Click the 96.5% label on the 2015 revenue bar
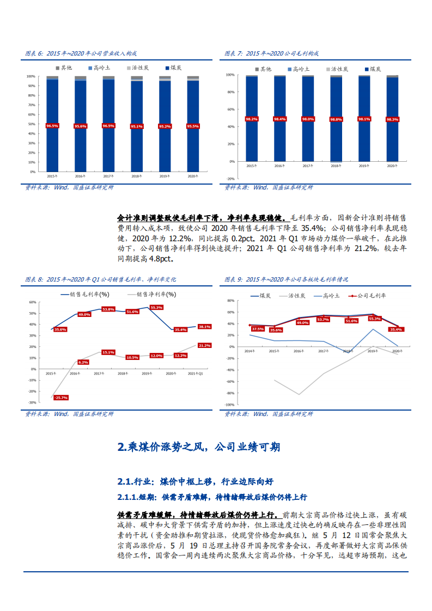[52, 126]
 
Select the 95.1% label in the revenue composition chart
[137, 126]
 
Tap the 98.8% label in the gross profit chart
[336, 119]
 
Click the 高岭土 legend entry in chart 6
[99, 68]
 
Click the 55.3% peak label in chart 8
[156, 307]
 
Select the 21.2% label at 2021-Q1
[204, 345]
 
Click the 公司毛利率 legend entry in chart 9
[371, 295]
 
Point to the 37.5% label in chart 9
[258, 328]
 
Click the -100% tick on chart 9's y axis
[229, 405]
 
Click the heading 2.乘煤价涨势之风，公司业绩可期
[199, 447]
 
